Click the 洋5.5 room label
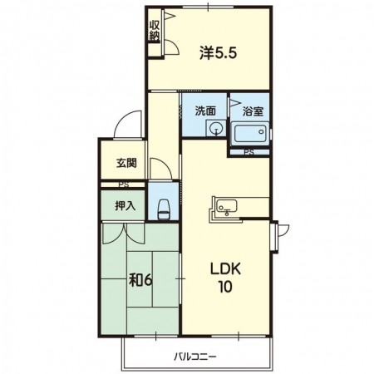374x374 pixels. pyautogui.click(x=219, y=53)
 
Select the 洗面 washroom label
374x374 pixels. pyautogui.click(x=205, y=111)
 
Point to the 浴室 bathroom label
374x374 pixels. pyautogui.click(x=253, y=111)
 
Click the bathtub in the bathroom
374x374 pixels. pyautogui.click(x=250, y=134)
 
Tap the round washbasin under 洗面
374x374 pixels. pyautogui.click(x=216, y=129)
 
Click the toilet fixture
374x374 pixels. pyautogui.click(x=164, y=209)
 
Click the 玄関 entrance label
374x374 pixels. pyautogui.click(x=126, y=163)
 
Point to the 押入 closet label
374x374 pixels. pyautogui.click(x=125, y=205)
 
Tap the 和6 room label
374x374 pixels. pyautogui.click(x=140, y=281)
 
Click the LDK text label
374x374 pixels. pyautogui.click(x=225, y=269)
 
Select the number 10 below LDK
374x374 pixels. pyautogui.click(x=225, y=287)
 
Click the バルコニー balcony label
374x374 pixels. pyautogui.click(x=194, y=357)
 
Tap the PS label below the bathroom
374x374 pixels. pyautogui.click(x=249, y=152)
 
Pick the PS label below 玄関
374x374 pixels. pyautogui.click(x=124, y=185)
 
